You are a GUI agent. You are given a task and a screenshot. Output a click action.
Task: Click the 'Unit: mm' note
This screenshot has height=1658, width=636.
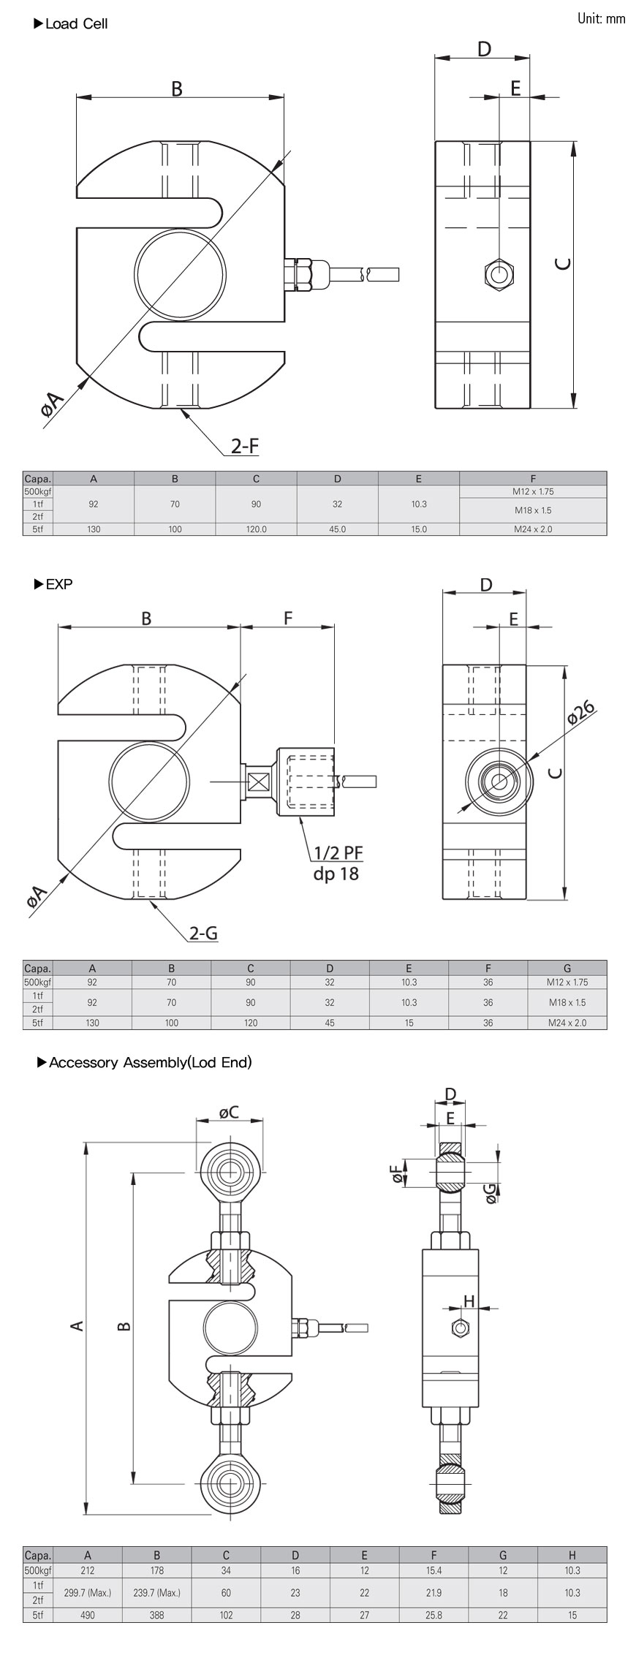click(x=601, y=19)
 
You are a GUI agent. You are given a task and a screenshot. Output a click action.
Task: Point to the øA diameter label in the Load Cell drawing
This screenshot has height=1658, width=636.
click(x=53, y=403)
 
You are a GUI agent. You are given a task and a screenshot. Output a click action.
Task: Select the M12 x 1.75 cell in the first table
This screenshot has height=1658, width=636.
click(x=533, y=491)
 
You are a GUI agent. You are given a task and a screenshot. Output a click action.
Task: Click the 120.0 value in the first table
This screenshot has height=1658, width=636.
click(x=256, y=529)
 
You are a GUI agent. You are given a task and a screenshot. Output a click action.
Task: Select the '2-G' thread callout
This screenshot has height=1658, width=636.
click(x=203, y=933)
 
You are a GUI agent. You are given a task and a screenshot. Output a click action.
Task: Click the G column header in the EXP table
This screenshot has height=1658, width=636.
click(x=567, y=968)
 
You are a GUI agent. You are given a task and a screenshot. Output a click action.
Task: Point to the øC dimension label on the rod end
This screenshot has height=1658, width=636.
click(x=229, y=1112)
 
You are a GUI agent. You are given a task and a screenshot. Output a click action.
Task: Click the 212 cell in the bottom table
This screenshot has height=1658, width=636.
click(x=88, y=1570)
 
